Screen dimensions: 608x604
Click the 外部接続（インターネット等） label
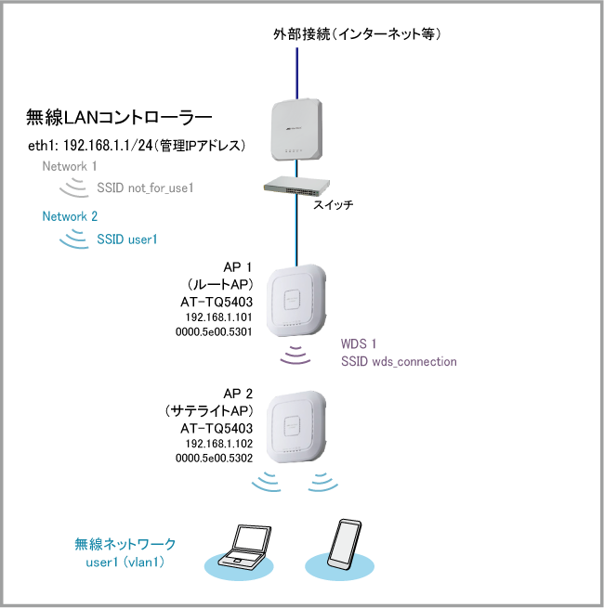[355, 34]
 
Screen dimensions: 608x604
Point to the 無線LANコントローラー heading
[120, 118]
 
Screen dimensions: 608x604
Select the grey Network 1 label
[70, 166]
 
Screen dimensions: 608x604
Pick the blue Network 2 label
[70, 216]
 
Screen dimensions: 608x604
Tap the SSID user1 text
[127, 239]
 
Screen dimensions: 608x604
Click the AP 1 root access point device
[297, 302]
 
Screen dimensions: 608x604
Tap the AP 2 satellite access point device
[297, 428]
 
